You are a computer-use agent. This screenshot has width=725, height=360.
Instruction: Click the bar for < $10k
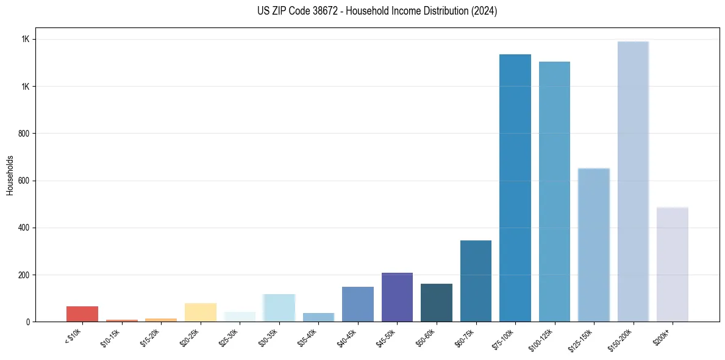(x=82, y=314)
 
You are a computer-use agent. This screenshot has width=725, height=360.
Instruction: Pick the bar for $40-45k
(x=358, y=304)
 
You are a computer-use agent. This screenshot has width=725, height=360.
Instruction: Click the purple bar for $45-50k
(x=397, y=297)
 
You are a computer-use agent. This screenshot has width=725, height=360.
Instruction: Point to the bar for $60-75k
(x=476, y=281)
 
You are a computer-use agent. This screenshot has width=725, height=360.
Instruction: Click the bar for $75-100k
(x=515, y=188)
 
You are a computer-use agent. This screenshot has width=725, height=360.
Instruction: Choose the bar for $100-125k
(x=554, y=192)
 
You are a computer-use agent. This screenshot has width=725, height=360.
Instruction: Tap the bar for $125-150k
(x=594, y=245)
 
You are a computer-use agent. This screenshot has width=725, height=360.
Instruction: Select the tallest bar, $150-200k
(x=633, y=181)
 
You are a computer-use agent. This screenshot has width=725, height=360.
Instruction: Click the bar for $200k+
(x=673, y=264)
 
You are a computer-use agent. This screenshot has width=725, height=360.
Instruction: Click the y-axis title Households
(x=10, y=175)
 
